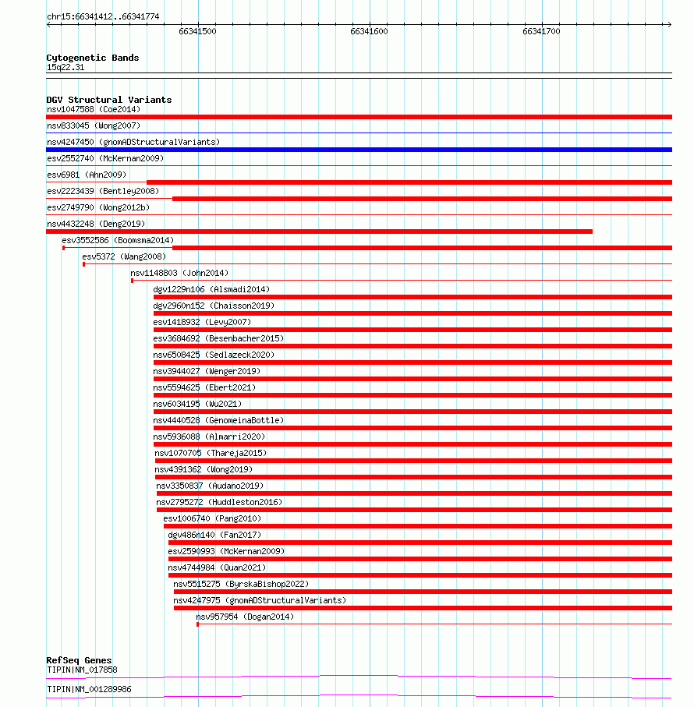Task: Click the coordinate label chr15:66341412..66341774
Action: [x=103, y=16]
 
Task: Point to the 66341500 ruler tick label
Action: [x=197, y=32]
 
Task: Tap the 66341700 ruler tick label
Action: [x=541, y=32]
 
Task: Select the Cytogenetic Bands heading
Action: [x=93, y=58]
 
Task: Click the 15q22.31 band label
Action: [x=66, y=68]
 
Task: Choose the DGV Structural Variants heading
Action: [x=109, y=100]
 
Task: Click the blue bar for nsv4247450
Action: [x=359, y=150]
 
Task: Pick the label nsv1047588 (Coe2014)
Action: [x=93, y=109]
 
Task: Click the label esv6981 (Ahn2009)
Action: [x=87, y=175]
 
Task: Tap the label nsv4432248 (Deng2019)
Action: [x=96, y=224]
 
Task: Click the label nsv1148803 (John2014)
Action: [x=179, y=273]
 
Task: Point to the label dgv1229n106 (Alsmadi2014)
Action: [x=212, y=289]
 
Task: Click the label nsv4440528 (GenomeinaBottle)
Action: [x=218, y=420]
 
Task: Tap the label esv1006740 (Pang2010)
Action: [x=212, y=518]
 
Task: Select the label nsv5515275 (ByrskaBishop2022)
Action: [x=241, y=584]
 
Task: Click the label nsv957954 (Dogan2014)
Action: [x=245, y=617]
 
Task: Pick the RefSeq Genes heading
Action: [x=79, y=660]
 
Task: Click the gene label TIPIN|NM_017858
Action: [x=82, y=670]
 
